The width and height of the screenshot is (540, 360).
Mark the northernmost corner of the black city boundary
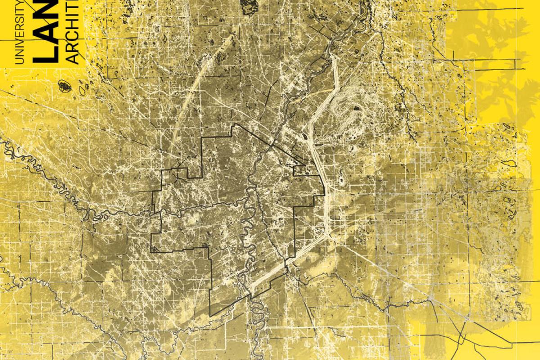pos(233,125)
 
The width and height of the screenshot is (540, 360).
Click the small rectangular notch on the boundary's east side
pos(299,171)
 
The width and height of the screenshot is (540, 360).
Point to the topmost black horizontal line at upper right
pos(486,9)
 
